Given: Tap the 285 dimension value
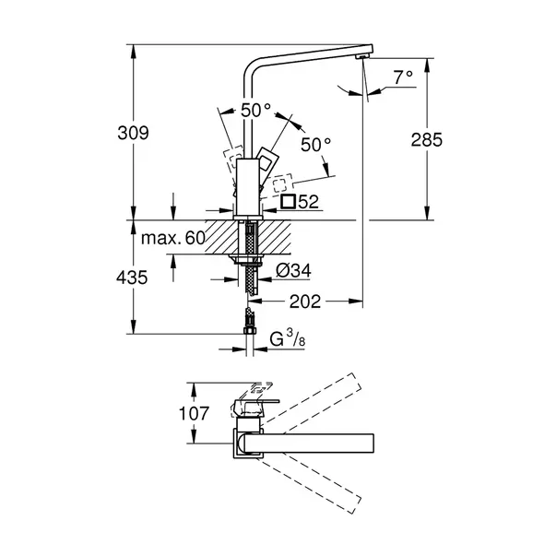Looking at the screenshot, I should point(427,139).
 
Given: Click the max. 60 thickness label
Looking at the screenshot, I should point(172,237).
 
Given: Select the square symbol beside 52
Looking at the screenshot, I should point(288,202).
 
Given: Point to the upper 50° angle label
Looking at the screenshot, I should point(256,110).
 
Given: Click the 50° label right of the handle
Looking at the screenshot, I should point(315,145).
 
